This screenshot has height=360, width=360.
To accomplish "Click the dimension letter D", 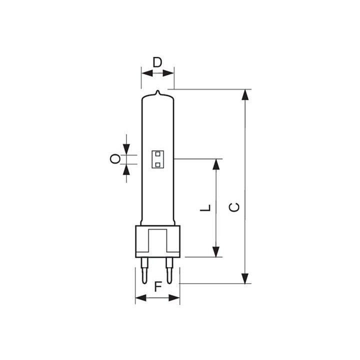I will [x=157, y=62].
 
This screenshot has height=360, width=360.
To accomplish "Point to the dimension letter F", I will [x=157, y=286].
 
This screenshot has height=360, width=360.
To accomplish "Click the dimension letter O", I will [x=114, y=159].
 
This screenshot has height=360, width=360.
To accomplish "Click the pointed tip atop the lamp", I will [x=157, y=93].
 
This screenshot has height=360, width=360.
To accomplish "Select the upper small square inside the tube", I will [x=157, y=154].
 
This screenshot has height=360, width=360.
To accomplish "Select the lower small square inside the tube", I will [x=157, y=163].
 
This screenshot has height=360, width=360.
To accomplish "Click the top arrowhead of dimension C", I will [x=245, y=95].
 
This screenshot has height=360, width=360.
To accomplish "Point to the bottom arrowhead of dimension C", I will [x=245, y=278].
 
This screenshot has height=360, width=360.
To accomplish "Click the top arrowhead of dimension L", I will [x=216, y=164].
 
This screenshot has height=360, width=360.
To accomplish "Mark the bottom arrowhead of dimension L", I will [x=216, y=252].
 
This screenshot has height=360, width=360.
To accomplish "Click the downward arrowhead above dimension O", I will [x=126, y=149].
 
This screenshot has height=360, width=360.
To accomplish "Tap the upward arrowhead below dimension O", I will [x=126, y=169].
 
